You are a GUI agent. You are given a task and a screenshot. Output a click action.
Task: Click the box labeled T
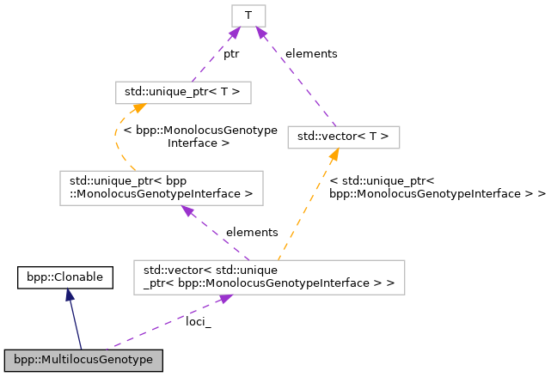248,15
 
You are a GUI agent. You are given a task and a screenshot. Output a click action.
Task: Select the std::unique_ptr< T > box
183,92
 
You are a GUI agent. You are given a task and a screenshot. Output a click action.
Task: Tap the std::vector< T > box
343,136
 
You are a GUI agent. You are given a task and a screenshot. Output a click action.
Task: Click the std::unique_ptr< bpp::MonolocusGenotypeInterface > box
161,187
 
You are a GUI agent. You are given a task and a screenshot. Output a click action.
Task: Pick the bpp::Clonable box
65,277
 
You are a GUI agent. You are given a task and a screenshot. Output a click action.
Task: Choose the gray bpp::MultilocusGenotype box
83,360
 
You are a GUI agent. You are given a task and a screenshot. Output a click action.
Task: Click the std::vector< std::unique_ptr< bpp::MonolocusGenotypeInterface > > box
269,276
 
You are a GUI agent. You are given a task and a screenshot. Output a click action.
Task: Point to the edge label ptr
231,53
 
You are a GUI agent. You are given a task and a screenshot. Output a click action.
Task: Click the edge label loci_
199,322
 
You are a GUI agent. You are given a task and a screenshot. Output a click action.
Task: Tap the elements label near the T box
311,53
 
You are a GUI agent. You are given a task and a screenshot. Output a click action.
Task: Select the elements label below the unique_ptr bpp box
251,232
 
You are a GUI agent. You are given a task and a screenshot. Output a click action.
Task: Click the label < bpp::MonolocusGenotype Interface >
200,137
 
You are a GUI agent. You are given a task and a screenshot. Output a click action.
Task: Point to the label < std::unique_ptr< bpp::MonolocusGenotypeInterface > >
437,187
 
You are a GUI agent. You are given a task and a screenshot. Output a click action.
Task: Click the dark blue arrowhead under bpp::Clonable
69,295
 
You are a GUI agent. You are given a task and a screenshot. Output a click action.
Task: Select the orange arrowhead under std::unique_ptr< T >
136,109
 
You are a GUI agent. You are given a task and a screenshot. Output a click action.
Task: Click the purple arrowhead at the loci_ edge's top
224,297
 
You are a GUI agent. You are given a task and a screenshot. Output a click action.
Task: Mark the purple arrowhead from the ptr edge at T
233,33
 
